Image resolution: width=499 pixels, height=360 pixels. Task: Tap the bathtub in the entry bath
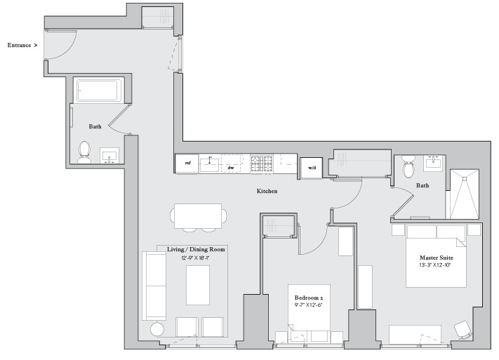point(100,91)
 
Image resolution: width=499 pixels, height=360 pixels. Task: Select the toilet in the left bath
point(84,152)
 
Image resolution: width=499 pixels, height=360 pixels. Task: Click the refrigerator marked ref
point(187,164)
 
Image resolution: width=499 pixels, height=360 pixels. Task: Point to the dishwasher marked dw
point(231,167)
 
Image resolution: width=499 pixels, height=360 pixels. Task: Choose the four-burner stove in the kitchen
point(263,164)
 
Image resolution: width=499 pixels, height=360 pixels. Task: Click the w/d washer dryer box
point(311,168)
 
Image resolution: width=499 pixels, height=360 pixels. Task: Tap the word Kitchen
point(267,191)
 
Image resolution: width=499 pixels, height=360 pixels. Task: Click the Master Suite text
point(436,257)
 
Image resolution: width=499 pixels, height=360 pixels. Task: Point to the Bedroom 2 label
point(310,298)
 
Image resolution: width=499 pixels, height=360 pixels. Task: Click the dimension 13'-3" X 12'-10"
point(436,265)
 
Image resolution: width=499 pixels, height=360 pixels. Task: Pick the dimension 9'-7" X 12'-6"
point(310,306)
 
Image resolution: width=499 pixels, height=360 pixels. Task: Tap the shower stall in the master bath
point(463,194)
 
